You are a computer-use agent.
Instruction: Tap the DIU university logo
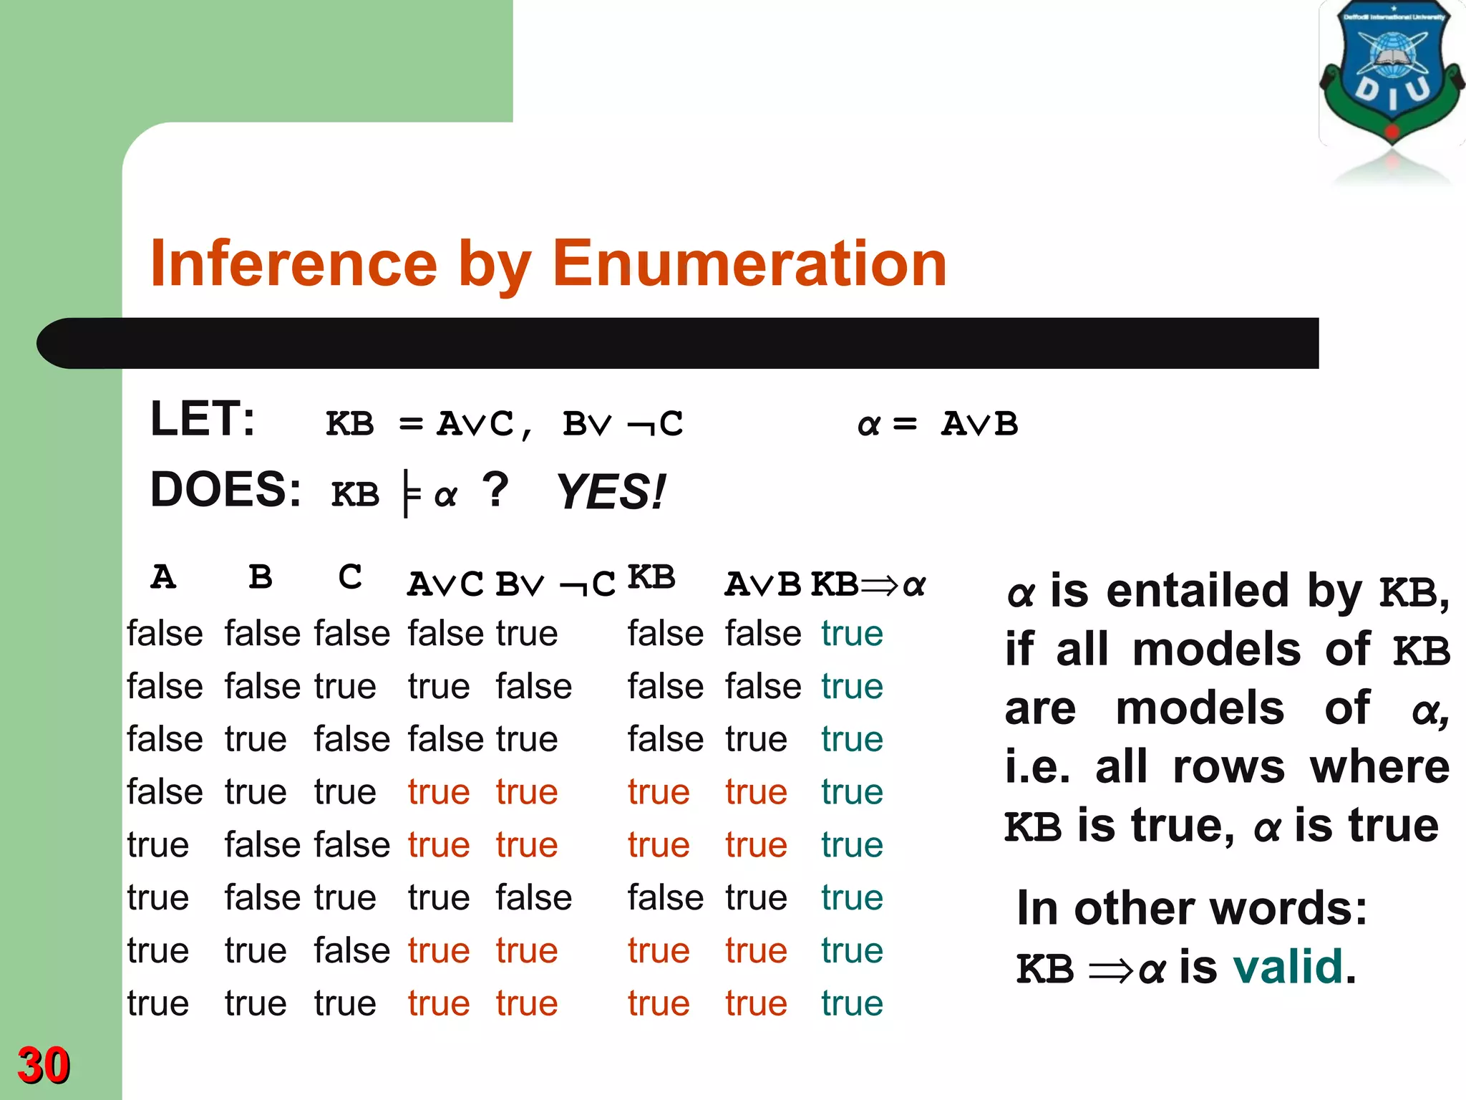(1391, 75)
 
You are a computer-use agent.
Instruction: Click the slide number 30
(44, 1065)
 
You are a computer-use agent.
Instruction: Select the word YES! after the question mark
(611, 492)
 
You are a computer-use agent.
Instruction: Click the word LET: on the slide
(203, 419)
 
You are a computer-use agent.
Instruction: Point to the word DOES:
(225, 490)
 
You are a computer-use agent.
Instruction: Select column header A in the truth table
(163, 577)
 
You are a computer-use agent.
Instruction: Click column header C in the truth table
(350, 577)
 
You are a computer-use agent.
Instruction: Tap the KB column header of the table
(651, 577)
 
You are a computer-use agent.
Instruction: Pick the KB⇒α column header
(868, 584)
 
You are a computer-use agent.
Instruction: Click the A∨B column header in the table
(762, 584)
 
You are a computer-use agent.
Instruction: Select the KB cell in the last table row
(659, 1003)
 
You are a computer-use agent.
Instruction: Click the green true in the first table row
(852, 634)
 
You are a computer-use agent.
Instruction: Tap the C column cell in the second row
(345, 687)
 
